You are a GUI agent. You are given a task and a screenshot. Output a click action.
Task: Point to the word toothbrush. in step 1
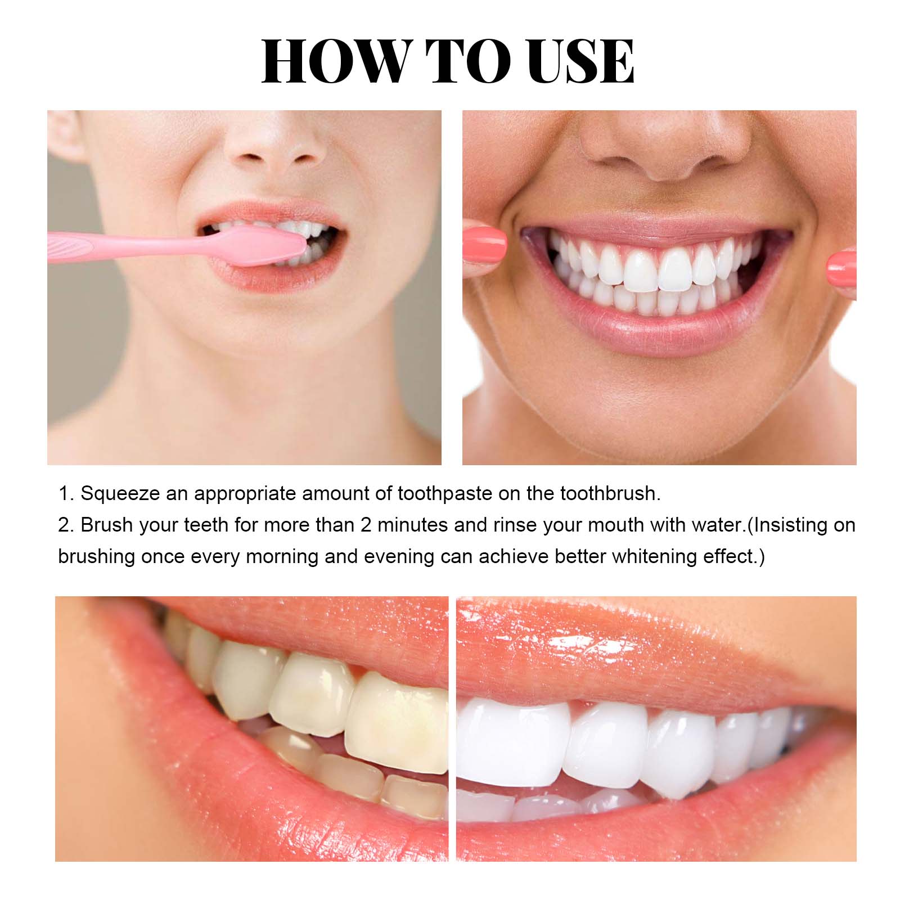[x=610, y=493]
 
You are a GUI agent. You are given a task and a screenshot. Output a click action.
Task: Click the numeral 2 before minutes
[x=366, y=525]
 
